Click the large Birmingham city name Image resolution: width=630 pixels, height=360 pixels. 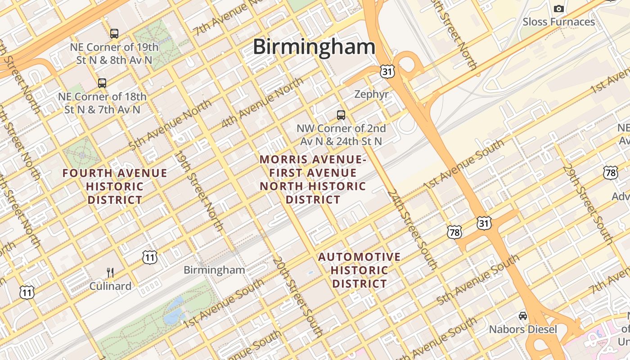(x=314, y=47)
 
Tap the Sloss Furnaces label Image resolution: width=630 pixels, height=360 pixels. (x=558, y=22)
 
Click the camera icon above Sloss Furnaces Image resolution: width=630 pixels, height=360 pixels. (x=558, y=9)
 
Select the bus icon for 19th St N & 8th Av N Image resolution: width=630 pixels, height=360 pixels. (x=114, y=33)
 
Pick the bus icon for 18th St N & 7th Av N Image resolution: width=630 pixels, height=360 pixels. (x=102, y=83)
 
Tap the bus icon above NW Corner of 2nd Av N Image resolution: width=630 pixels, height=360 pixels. (x=341, y=115)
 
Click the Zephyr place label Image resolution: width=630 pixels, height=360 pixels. (x=371, y=94)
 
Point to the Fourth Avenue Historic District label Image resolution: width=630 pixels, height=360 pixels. (x=115, y=186)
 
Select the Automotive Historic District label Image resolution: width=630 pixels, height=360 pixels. (x=359, y=270)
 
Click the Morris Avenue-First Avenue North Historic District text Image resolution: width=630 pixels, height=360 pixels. (x=313, y=179)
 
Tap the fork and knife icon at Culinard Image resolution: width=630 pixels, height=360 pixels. (x=110, y=272)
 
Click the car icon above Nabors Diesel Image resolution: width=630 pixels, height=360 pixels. (x=523, y=316)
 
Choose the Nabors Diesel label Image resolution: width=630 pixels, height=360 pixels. (x=523, y=329)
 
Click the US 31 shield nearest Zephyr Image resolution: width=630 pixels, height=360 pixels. (x=387, y=71)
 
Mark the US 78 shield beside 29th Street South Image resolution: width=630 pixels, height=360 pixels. (x=610, y=172)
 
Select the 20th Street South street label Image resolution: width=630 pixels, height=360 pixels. (x=297, y=297)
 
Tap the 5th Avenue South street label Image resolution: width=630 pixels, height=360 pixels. (x=478, y=279)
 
